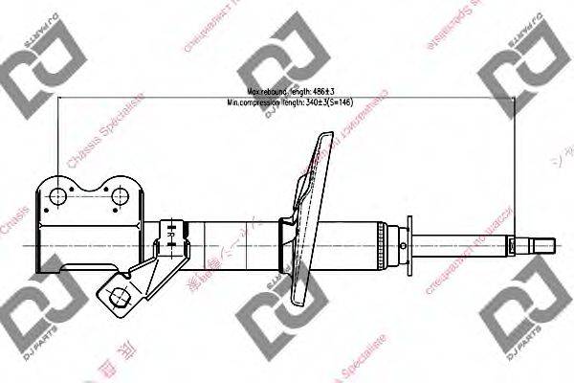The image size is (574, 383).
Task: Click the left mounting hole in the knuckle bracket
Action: pyautogui.click(x=57, y=197)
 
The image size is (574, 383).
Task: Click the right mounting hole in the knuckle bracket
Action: pyautogui.click(x=121, y=197)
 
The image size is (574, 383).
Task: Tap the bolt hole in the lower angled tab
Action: pyautogui.click(x=121, y=295)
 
